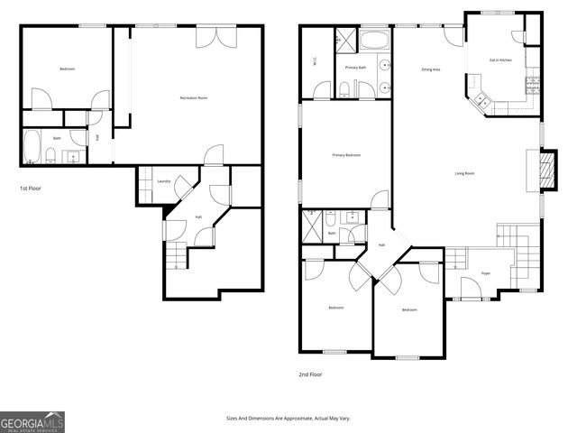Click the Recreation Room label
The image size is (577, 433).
194,97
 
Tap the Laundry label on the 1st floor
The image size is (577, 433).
164,181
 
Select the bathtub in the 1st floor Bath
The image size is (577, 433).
32,146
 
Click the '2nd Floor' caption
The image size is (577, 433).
310,373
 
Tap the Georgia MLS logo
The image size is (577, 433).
32,421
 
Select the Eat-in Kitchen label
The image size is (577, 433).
501,60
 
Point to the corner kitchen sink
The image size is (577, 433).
483,99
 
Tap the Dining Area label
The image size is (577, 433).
431,69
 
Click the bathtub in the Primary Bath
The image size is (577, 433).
373,41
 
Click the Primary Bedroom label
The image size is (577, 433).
346,155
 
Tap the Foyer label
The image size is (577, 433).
485,272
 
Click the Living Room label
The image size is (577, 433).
464,173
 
